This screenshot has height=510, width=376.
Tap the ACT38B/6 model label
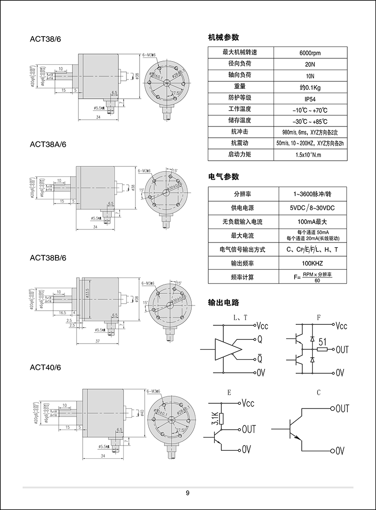click(x=48, y=258)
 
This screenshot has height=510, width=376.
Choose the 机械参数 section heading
click(x=223, y=38)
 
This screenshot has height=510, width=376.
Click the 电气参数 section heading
click(x=223, y=177)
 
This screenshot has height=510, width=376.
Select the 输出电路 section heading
click(x=223, y=302)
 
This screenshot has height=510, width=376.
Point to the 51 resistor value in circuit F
click(x=322, y=341)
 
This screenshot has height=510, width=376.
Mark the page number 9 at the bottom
click(x=188, y=493)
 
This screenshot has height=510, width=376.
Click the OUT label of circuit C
click(x=342, y=408)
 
